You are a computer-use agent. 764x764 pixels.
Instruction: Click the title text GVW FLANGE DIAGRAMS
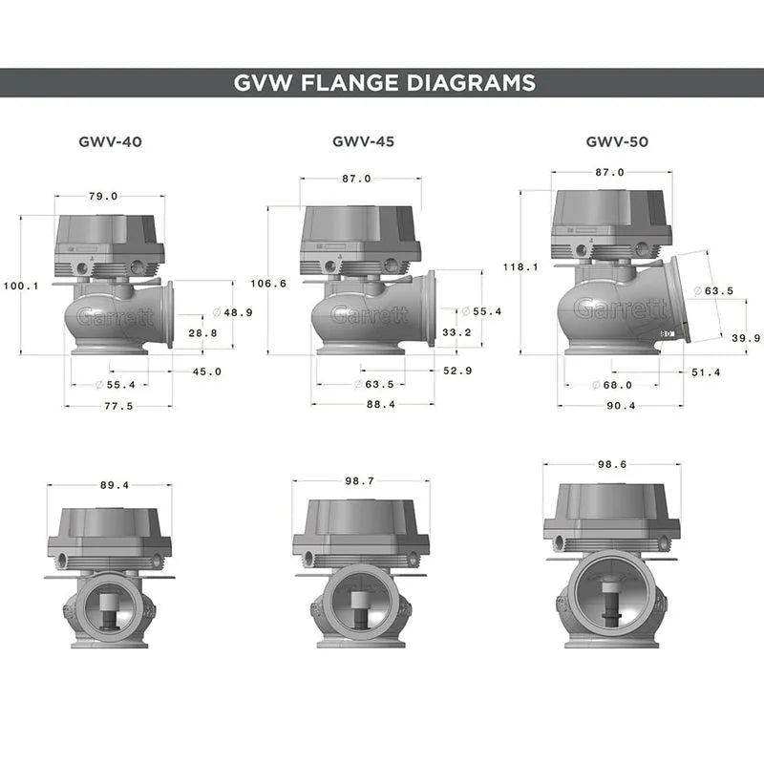(x=384, y=83)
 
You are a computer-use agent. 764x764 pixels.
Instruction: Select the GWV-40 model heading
(x=110, y=141)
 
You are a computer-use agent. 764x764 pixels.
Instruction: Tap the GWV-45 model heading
(x=363, y=141)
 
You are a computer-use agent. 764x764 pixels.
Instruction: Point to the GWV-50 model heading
(x=617, y=141)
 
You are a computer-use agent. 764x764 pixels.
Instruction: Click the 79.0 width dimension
(x=102, y=197)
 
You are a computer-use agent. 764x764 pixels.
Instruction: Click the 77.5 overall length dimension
(x=119, y=405)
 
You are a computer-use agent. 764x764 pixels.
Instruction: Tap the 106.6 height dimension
(x=267, y=284)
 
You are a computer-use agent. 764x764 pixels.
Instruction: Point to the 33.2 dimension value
(x=457, y=333)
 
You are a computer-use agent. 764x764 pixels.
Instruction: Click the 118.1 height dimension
(x=520, y=267)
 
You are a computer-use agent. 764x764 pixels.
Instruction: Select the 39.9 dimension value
(x=745, y=338)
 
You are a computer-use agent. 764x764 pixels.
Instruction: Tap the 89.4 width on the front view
(x=109, y=485)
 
